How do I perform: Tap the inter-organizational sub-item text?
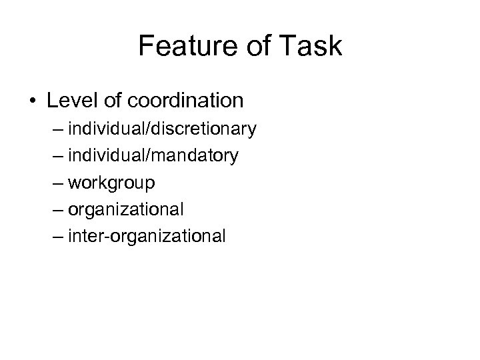pyautogui.click(x=157, y=236)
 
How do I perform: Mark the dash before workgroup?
pyautogui.click(x=73, y=182)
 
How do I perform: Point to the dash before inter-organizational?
pyautogui.click(x=73, y=236)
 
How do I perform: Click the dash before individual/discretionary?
pyautogui.click(x=73, y=129)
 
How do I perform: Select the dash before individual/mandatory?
pyautogui.click(x=73, y=155)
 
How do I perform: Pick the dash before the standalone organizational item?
pyautogui.click(x=73, y=209)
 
